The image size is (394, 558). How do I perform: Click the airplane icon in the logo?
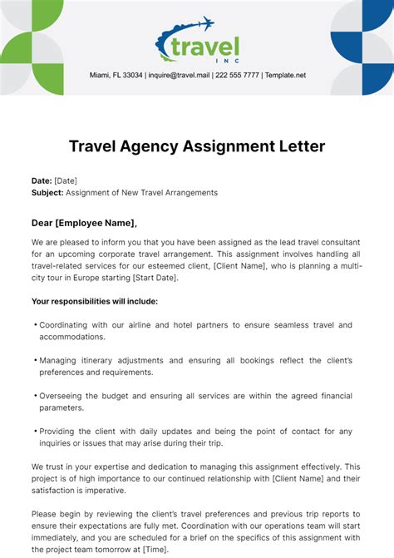pyautogui.click(x=204, y=24)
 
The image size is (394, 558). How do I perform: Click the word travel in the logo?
pyautogui.click(x=204, y=47)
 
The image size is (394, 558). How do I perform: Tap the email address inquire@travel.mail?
pyautogui.click(x=178, y=75)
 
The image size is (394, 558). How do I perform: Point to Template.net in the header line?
pyautogui.click(x=285, y=75)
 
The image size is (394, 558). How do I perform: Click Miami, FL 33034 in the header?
pyautogui.click(x=116, y=75)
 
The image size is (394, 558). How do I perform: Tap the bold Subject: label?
pyautogui.click(x=47, y=192)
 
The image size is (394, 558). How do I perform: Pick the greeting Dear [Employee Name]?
pyautogui.click(x=84, y=223)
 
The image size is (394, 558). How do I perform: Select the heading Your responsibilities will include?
pyautogui.click(x=95, y=301)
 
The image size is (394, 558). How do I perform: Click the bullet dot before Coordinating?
pyautogui.click(x=35, y=324)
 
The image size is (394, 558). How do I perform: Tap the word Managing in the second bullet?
pyautogui.click(x=59, y=360)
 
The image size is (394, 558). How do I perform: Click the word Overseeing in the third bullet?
pyautogui.click(x=63, y=396)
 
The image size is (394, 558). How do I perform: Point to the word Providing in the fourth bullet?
pyautogui.click(x=59, y=431)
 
